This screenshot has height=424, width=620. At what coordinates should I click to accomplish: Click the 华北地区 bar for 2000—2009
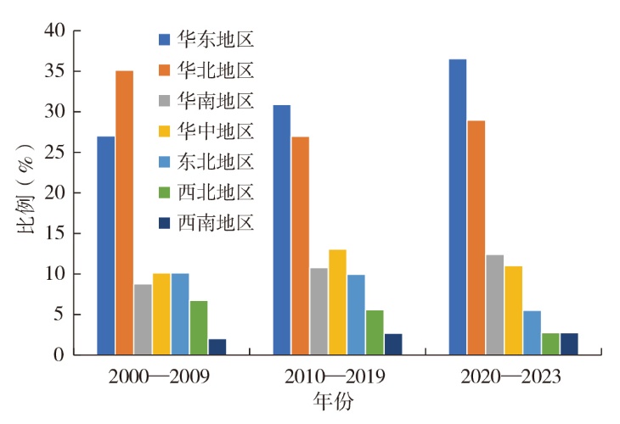coord(124,212)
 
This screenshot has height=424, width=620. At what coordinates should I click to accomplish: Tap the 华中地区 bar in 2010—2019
coord(337,302)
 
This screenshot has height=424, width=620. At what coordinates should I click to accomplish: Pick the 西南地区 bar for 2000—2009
coord(217,346)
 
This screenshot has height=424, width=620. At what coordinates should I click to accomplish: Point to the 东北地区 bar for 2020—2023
coord(532,332)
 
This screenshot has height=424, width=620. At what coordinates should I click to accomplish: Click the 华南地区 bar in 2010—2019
coord(318,311)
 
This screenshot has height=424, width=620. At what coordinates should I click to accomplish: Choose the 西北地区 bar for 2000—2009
coord(199,327)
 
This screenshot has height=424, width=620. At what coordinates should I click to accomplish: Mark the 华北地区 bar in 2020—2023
coord(476,237)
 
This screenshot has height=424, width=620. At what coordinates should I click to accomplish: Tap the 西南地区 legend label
coord(216,222)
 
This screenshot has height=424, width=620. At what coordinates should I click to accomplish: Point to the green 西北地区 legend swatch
coord(164,192)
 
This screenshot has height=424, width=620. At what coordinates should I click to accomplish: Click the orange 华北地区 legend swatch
coord(164,70)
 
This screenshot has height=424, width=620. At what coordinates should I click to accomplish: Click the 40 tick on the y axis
coord(54,31)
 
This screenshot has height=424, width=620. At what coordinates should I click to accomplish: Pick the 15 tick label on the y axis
coord(54,233)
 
